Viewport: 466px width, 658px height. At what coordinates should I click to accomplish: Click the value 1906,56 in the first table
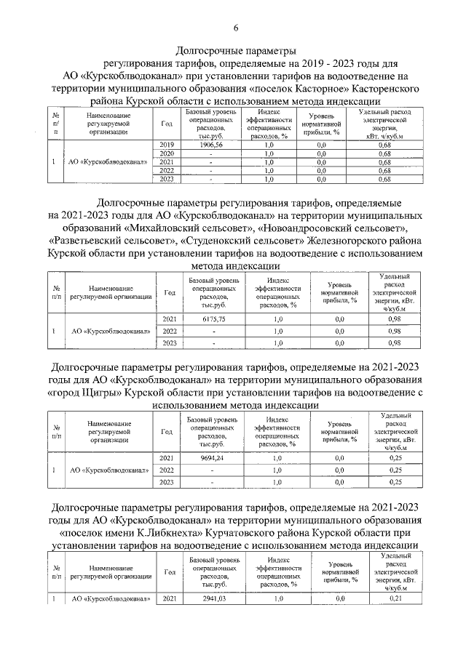(210, 145)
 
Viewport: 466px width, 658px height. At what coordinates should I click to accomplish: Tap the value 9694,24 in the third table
(210, 458)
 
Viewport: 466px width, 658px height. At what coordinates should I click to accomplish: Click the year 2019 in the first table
(166, 145)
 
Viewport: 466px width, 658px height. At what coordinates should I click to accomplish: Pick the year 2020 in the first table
(166, 154)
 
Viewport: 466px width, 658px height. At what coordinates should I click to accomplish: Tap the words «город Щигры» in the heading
(85, 393)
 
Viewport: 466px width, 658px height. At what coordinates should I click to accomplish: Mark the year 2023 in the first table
(166, 179)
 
